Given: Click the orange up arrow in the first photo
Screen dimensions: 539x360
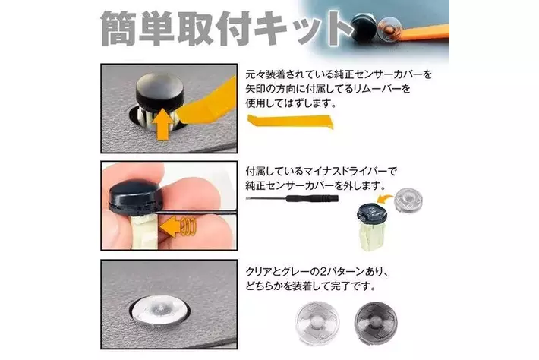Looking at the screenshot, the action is click(162, 125).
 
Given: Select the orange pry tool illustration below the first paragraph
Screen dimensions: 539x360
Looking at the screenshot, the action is click(290, 122).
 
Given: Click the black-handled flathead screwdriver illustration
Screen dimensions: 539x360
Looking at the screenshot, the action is click(292, 198).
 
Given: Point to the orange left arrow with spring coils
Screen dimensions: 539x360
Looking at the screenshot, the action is click(178, 226).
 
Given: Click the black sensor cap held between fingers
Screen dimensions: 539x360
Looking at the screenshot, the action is click(135, 197).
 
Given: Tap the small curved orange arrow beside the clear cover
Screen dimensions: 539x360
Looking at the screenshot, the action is click(386, 198).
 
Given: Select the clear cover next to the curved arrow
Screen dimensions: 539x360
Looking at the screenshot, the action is click(408, 200).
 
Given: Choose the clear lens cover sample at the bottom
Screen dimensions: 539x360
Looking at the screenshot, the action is click(317, 323).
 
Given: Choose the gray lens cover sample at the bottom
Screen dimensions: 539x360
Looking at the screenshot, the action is click(376, 322).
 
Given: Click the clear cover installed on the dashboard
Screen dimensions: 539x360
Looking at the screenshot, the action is click(159, 310).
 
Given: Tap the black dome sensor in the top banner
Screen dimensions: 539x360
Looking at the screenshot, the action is click(364, 28).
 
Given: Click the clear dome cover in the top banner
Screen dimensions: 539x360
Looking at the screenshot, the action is click(389, 28).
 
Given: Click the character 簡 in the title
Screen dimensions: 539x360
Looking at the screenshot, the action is click(118, 28).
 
